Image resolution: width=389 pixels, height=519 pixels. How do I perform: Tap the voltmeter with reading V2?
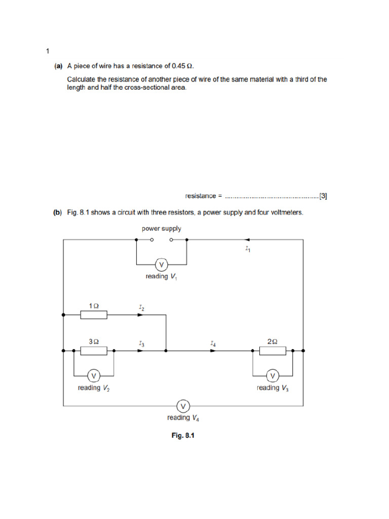pyautogui.click(x=94, y=376)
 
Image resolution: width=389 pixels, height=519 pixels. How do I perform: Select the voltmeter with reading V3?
pyautogui.click(x=273, y=376)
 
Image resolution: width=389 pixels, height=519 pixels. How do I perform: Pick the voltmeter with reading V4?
pyautogui.click(x=183, y=406)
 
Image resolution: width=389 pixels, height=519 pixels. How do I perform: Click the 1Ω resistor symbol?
pyautogui.click(x=94, y=315)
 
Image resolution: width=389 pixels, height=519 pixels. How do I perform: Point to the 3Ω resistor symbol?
pyautogui.click(x=94, y=351)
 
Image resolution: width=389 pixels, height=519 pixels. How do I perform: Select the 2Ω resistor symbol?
pyautogui.click(x=273, y=351)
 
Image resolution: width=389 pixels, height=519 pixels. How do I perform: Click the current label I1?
pyautogui.click(x=247, y=249)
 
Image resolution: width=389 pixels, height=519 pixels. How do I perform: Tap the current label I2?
pyautogui.click(x=141, y=307)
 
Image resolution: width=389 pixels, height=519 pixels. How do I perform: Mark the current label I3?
pyautogui.click(x=141, y=343)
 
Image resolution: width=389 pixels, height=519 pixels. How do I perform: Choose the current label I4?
pyautogui.click(x=213, y=343)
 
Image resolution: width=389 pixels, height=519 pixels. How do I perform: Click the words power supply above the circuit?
pyautogui.click(x=161, y=229)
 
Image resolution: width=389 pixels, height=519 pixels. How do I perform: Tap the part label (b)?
pyautogui.click(x=58, y=213)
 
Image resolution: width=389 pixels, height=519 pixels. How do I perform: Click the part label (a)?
pyautogui.click(x=58, y=66)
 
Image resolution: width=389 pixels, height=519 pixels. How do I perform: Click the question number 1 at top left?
pyautogui.click(x=47, y=51)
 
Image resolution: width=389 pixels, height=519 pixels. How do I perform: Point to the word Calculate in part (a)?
pyautogui.click(x=82, y=80)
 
